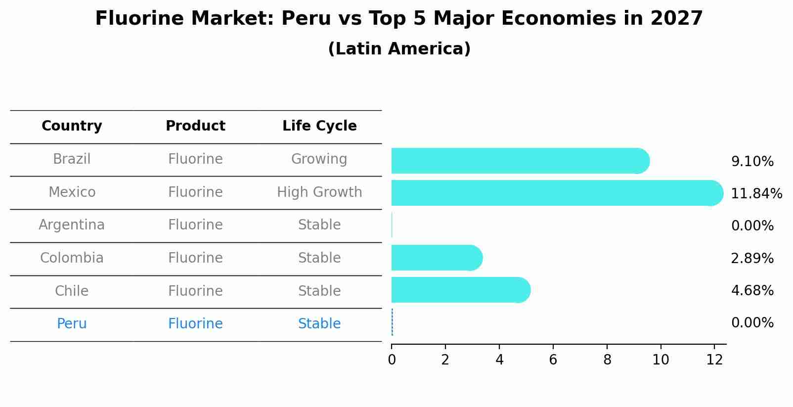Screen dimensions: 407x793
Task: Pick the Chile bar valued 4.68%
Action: (460, 290)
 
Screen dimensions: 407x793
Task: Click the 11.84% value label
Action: (756, 193)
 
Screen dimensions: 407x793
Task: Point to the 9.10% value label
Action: (752, 161)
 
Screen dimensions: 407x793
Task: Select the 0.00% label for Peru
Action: (752, 323)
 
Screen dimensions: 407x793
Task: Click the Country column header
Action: (72, 126)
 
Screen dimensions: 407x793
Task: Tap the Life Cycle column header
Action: (319, 126)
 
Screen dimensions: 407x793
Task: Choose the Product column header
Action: (195, 126)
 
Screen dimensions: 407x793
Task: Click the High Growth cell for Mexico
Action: (319, 192)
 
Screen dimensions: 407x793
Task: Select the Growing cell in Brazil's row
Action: (319, 159)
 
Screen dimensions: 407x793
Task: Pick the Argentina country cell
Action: (72, 225)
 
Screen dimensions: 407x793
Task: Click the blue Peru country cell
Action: (72, 324)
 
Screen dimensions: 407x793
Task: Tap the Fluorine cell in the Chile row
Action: (195, 291)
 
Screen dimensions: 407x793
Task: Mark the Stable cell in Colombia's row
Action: (319, 258)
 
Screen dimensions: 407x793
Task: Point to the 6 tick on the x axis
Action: (553, 360)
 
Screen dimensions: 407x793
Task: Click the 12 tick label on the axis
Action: (714, 360)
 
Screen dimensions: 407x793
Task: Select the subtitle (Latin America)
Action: (399, 49)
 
